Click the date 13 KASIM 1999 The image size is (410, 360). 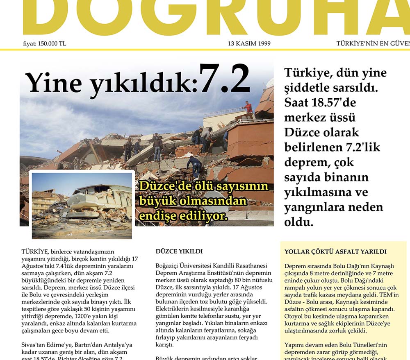click(249, 43)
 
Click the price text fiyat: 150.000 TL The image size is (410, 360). click(45, 43)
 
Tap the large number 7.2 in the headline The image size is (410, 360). click(225, 79)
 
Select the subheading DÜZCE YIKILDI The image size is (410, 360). click(179, 251)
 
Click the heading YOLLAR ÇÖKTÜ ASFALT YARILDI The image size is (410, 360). click(335, 252)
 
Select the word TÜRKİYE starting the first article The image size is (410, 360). click(35, 251)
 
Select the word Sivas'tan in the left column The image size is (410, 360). click(35, 345)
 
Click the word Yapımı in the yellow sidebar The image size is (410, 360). click(295, 345)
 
